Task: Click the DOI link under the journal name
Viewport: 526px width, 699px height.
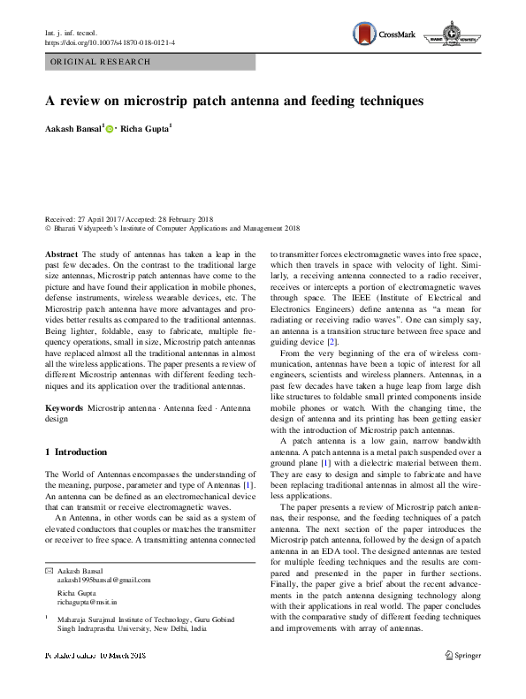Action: click(110, 42)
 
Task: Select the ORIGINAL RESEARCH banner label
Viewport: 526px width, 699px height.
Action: click(101, 62)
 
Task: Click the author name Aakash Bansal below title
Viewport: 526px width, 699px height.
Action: click(73, 129)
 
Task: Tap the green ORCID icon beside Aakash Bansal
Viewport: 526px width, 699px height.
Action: click(111, 129)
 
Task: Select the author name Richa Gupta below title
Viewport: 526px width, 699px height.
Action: click(146, 129)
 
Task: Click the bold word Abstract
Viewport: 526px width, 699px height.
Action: click(60, 253)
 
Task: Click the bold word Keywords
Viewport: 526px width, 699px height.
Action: click(64, 409)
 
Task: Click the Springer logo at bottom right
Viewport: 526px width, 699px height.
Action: click(464, 655)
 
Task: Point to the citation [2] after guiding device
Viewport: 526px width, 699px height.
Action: click(332, 341)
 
